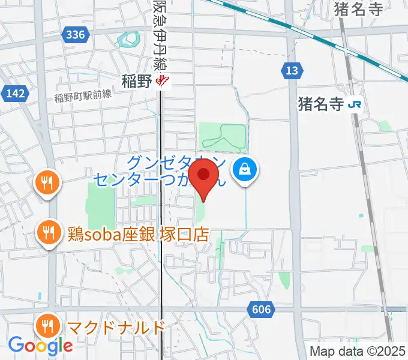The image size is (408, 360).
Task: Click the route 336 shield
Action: click(76, 35)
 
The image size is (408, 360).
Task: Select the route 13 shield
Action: click(291, 71)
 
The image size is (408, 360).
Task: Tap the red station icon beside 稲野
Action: click(162, 82)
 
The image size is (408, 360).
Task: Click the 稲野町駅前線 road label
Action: click(83, 95)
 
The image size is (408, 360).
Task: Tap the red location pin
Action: click(204, 178)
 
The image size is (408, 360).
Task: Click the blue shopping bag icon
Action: click(247, 169)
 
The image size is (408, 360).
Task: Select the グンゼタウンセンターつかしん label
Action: click(159, 170)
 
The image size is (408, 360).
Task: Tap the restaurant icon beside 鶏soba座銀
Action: click(47, 230)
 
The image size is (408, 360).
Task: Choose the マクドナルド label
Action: click(116, 328)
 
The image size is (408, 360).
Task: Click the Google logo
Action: click(40, 345)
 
